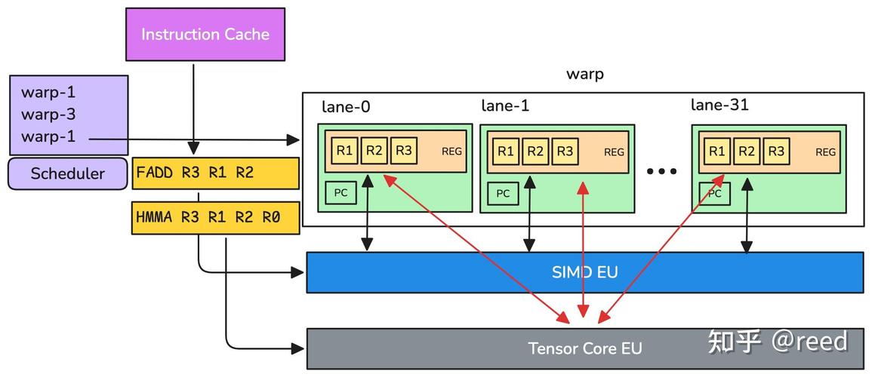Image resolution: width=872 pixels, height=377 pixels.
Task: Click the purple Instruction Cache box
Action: click(x=205, y=35)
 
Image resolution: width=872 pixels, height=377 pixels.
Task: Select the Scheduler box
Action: click(x=67, y=174)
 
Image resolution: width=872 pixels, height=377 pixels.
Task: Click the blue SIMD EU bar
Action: click(x=584, y=272)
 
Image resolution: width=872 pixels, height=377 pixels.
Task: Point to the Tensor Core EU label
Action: click(x=584, y=348)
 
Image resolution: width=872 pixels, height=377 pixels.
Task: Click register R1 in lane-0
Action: click(x=344, y=151)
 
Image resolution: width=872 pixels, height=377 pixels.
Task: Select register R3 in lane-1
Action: click(x=565, y=152)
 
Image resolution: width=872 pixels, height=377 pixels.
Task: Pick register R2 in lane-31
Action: click(x=747, y=152)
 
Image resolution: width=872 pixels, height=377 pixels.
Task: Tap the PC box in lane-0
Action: click(x=340, y=193)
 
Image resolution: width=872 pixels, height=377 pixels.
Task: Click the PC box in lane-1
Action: click(x=503, y=194)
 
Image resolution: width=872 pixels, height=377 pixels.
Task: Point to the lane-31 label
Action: click(x=719, y=106)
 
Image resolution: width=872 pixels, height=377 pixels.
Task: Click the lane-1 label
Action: click(x=505, y=106)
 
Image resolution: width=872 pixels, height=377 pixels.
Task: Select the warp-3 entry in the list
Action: click(x=48, y=115)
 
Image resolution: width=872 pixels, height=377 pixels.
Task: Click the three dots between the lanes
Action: click(x=662, y=172)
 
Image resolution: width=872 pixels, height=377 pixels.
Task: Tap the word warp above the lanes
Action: click(x=584, y=75)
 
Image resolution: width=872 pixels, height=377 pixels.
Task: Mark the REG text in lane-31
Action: click(x=825, y=152)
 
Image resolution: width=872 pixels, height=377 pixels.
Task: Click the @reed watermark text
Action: click(x=809, y=342)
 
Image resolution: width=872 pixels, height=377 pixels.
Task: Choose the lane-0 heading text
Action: click(x=346, y=107)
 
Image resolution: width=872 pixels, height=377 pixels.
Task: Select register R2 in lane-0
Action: click(x=374, y=151)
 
